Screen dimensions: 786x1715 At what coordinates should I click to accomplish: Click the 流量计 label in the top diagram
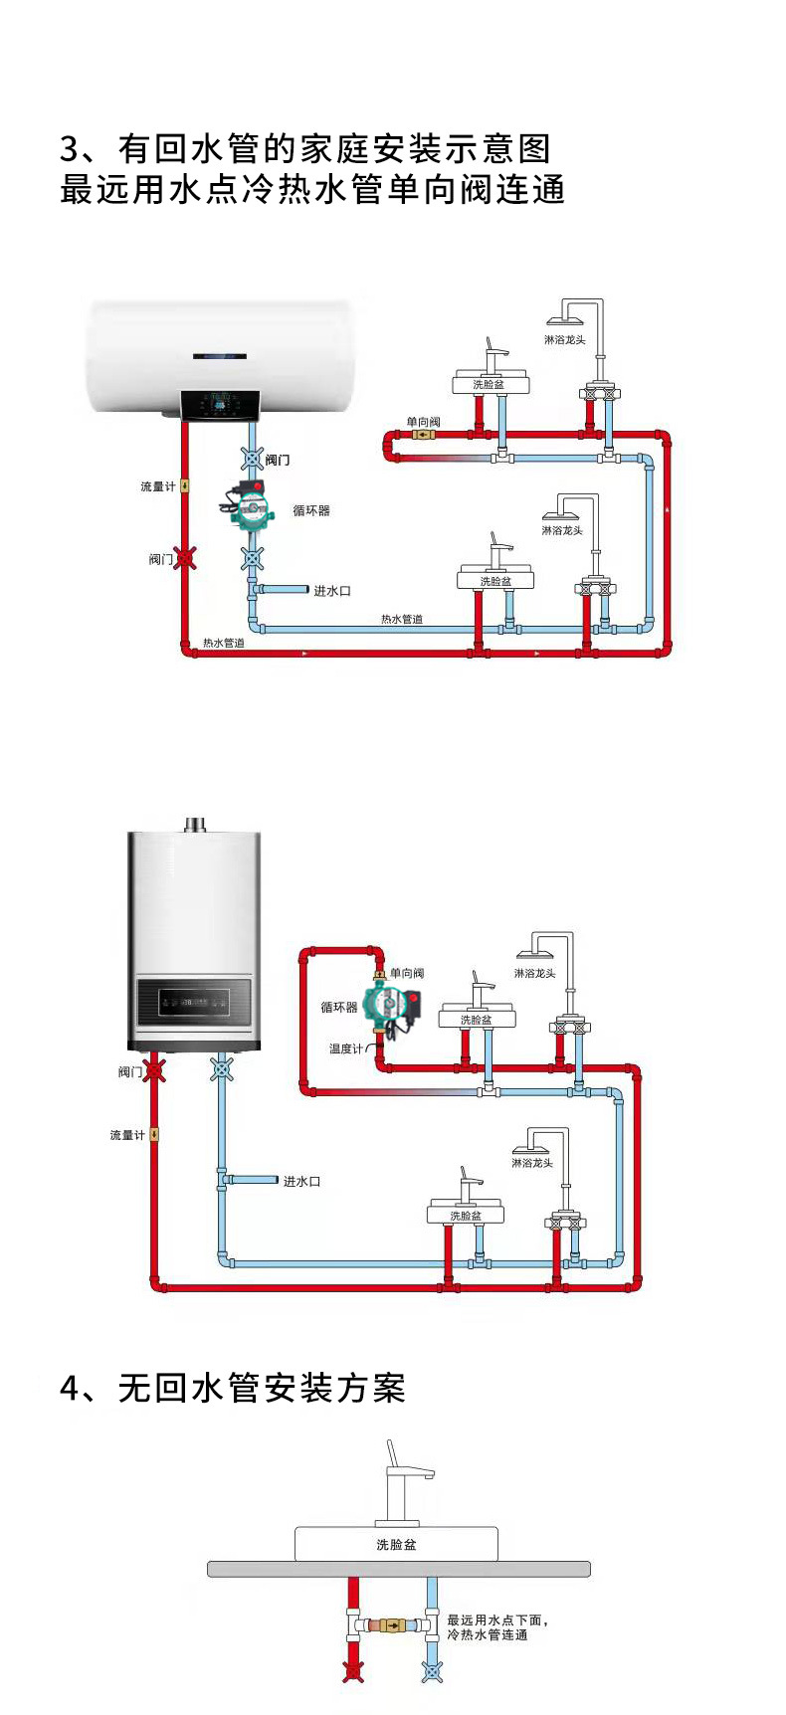(157, 486)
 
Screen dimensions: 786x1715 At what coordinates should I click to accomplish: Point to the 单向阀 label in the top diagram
(423, 422)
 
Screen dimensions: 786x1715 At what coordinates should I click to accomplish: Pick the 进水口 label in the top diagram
(332, 591)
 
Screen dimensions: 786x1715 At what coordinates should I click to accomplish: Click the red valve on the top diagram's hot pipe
(184, 558)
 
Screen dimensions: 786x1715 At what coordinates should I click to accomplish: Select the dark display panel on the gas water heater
(194, 1002)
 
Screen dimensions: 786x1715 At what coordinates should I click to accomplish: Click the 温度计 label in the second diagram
(346, 1048)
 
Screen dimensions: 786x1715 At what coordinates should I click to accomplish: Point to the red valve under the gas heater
(153, 1071)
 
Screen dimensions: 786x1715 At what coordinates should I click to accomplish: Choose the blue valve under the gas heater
(222, 1070)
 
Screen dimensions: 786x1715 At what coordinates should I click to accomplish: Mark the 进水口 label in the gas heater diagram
(301, 1182)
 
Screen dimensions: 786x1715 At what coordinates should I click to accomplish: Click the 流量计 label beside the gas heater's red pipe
(127, 1135)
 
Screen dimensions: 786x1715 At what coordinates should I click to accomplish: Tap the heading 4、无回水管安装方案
(233, 1388)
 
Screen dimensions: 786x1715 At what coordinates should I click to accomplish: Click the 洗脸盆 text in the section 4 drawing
(396, 1544)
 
